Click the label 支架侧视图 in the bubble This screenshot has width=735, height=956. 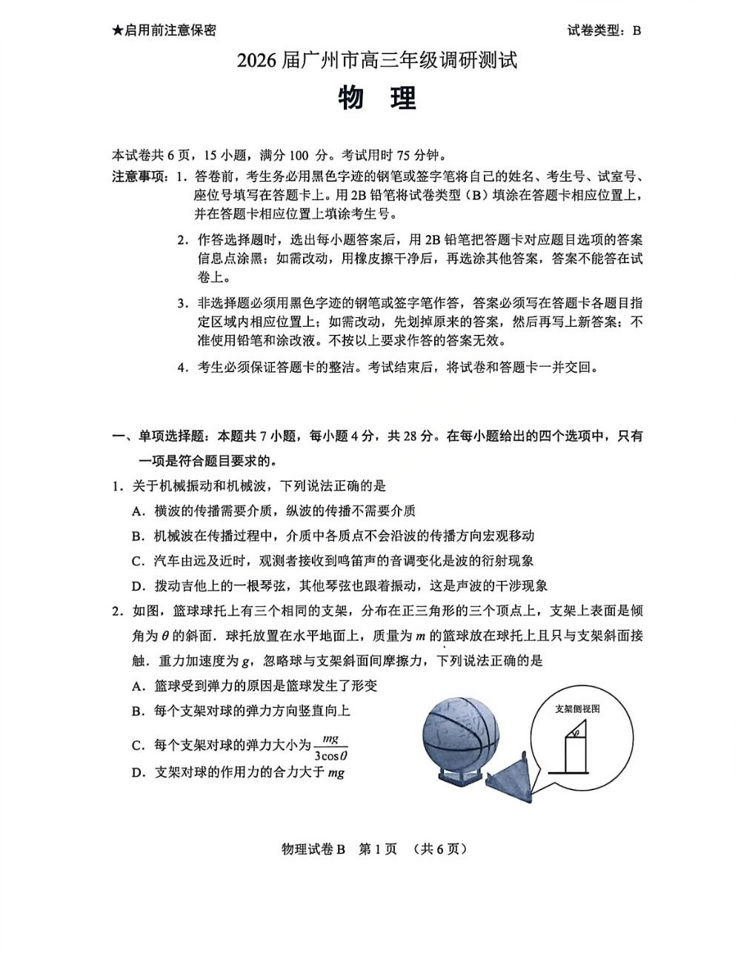coord(577,708)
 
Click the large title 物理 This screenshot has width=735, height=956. coord(378,99)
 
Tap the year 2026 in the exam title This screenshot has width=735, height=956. coord(256,61)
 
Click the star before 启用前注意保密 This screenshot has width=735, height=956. coord(117,30)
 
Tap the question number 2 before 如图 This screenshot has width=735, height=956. coord(116,611)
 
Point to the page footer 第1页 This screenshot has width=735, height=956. coord(378,849)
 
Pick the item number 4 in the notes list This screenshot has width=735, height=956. coord(181,368)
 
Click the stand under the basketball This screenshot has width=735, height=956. coord(458,774)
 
